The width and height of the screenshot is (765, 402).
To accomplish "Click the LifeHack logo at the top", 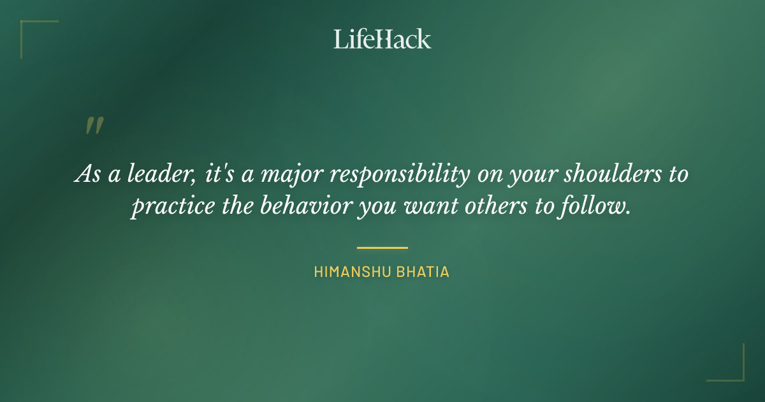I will [x=382, y=39].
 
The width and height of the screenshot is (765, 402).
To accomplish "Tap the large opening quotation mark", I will [x=94, y=126].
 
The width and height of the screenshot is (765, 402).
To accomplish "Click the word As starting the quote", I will [x=85, y=174].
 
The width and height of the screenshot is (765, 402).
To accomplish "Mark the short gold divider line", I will [x=382, y=248].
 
